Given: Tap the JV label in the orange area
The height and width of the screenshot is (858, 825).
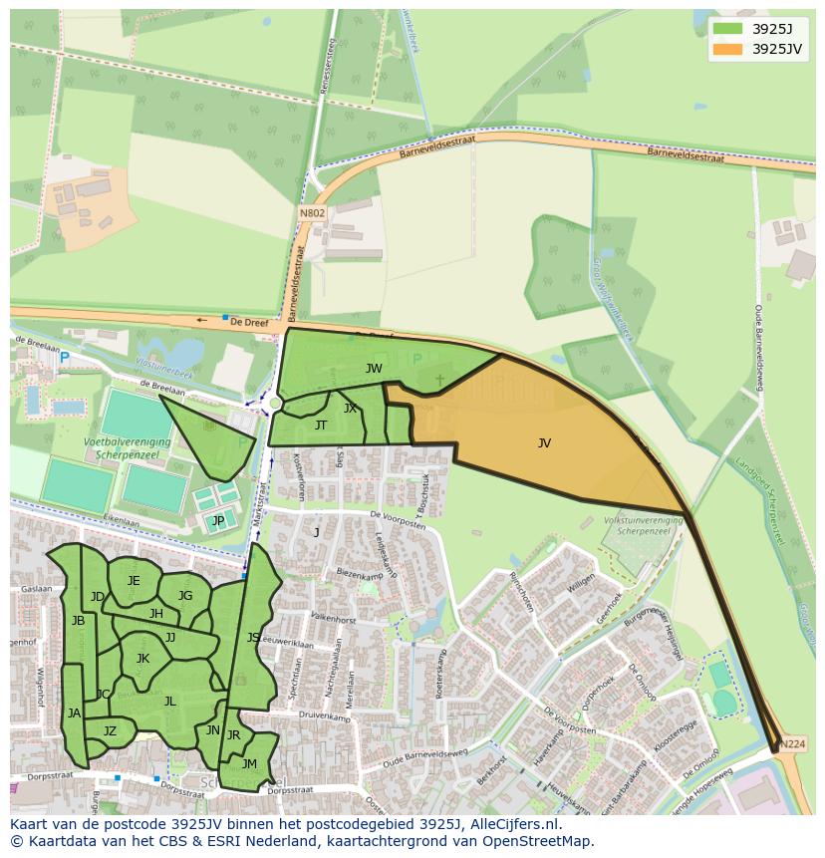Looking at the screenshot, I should click(x=544, y=443).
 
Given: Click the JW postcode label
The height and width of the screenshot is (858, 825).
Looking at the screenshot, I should click(x=374, y=369).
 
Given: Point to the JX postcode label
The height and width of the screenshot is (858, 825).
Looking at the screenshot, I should click(x=350, y=409).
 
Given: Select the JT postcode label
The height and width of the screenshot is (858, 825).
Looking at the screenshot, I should click(x=321, y=426).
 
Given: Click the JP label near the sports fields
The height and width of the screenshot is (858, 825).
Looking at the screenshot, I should click(x=217, y=520).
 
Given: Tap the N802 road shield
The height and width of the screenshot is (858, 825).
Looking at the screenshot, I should click(x=312, y=212).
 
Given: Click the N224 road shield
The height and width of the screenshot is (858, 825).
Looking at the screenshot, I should click(x=793, y=744).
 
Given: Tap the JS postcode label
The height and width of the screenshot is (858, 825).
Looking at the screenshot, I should click(x=253, y=638).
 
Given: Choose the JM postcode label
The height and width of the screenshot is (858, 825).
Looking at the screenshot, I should click(x=249, y=764).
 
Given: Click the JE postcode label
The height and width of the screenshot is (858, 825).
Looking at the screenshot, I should click(x=134, y=581).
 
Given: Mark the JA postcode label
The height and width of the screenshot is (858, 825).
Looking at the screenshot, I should click(x=74, y=714).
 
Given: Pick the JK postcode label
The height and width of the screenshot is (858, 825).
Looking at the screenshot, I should click(x=142, y=659).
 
